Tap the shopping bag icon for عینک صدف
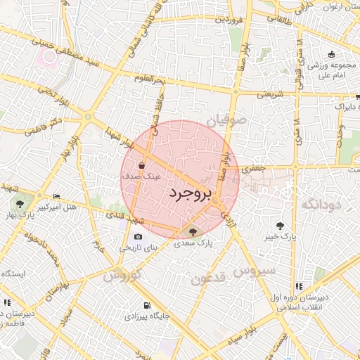143,167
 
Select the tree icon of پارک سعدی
191,231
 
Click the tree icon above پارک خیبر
281,226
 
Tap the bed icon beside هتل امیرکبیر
57,196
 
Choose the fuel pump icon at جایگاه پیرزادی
146,306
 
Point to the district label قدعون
208,278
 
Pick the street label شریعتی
269,93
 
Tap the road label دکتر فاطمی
44,127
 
